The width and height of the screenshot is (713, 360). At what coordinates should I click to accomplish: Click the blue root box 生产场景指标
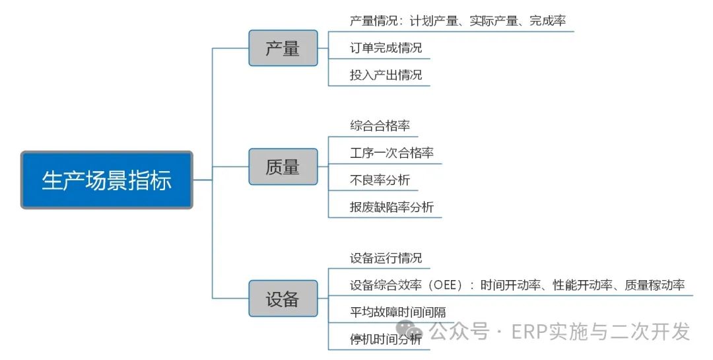pyautogui.click(x=106, y=180)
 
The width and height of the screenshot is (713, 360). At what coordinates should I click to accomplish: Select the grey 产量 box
pyautogui.click(x=283, y=48)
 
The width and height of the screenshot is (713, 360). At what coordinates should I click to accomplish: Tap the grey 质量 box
pyautogui.click(x=283, y=167)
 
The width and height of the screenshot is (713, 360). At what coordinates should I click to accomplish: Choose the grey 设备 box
pyautogui.click(x=283, y=299)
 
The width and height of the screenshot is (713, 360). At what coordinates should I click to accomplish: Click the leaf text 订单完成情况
pyautogui.click(x=386, y=48)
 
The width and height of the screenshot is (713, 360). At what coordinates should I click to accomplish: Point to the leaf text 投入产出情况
pyautogui.click(x=386, y=75)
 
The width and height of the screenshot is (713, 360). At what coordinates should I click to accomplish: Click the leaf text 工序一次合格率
pyautogui.click(x=391, y=153)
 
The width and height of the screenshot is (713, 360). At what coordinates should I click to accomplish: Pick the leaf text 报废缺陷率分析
pyautogui.click(x=391, y=207)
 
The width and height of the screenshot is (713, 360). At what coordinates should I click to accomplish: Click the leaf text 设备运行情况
pyautogui.click(x=386, y=258)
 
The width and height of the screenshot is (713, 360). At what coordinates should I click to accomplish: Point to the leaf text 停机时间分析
pyautogui.click(x=386, y=340)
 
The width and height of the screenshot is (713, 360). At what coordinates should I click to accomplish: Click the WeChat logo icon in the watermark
pyautogui.click(x=409, y=330)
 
